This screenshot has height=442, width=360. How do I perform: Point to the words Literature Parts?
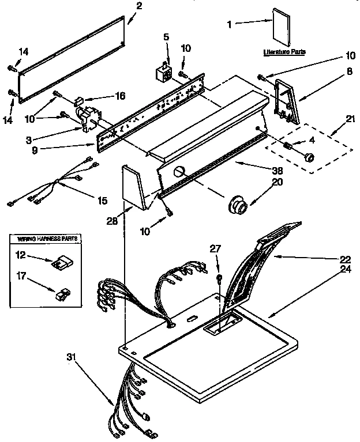(x=284, y=52)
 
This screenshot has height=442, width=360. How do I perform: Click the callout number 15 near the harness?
(x=102, y=201)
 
